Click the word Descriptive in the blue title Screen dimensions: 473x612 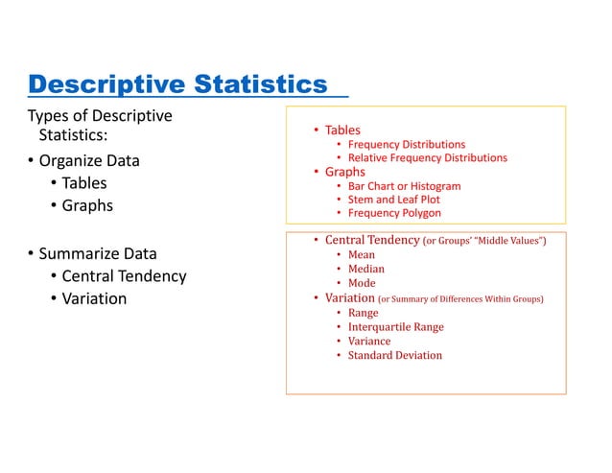pos(107,85)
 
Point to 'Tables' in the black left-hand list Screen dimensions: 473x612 pos(84,183)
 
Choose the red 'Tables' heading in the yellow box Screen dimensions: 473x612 pos(342,130)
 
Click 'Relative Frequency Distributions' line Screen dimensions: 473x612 pos(427,157)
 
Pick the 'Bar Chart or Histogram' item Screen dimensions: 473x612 pos(404,186)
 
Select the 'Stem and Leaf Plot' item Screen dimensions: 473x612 pos(393,200)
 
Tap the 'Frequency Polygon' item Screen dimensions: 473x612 pos(393,213)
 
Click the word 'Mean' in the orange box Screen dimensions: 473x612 pos(362,255)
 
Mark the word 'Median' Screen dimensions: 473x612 pos(366,270)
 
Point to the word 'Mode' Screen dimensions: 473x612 pos(362,284)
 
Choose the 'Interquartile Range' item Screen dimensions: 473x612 pos(395,327)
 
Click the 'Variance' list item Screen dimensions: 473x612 pos(369,342)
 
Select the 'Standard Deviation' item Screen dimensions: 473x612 pos(395,356)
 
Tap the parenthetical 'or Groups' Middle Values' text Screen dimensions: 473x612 pos(484,241)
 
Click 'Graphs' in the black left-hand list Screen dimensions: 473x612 pos(87,205)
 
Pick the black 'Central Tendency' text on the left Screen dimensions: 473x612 pos(124,276)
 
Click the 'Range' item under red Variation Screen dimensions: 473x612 pos(364,313)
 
